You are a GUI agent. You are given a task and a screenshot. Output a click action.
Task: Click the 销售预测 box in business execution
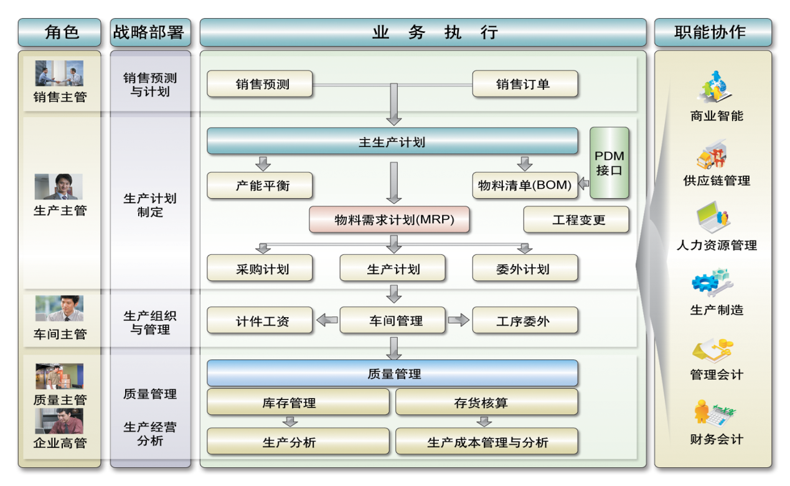point(260,83)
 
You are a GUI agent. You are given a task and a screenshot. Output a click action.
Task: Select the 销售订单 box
point(525,83)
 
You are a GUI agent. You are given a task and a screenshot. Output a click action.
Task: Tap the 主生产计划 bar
point(392,141)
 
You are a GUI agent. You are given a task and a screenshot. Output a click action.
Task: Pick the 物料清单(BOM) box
point(525,186)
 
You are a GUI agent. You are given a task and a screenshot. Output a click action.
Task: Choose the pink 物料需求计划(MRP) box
point(389,220)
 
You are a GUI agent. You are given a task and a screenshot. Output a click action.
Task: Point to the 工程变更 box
point(576,220)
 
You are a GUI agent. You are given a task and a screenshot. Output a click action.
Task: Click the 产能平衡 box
point(260,186)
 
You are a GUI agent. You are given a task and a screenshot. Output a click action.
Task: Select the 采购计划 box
point(260,269)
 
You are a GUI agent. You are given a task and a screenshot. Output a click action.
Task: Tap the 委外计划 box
point(525,269)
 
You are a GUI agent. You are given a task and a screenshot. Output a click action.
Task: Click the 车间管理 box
point(392,320)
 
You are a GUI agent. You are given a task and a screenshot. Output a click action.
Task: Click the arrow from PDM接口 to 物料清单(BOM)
point(583,184)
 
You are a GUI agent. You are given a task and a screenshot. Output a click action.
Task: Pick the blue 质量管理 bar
point(392,373)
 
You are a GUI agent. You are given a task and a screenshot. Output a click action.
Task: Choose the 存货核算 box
point(486,403)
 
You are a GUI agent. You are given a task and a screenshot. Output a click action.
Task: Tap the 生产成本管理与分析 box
point(486,442)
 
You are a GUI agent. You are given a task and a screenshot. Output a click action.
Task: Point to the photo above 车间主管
point(59,308)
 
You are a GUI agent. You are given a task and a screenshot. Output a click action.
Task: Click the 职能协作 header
point(712,32)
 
